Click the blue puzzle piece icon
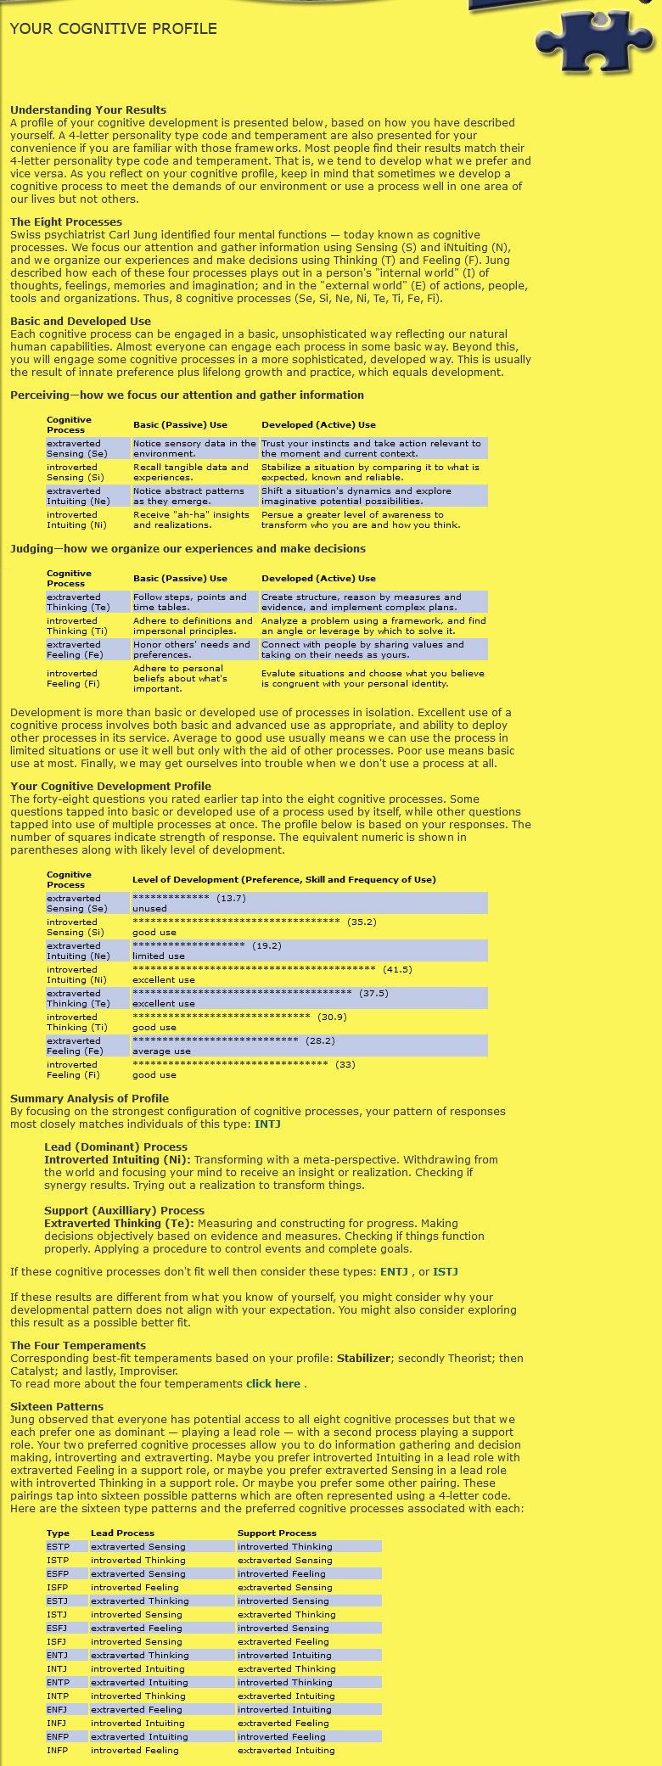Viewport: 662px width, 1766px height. point(593,42)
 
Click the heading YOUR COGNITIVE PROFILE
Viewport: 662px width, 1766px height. point(114,29)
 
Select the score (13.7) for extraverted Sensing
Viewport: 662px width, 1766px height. point(231,898)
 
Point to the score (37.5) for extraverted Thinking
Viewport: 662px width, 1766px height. point(373,993)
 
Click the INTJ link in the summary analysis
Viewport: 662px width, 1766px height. point(267,1124)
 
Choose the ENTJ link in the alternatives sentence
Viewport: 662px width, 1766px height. point(394,1271)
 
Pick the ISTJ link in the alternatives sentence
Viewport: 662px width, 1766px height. point(446,1271)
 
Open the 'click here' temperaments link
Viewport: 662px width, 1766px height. point(273,1383)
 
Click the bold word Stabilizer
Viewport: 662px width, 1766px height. point(363,1358)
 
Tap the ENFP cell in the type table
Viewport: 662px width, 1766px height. point(58,1736)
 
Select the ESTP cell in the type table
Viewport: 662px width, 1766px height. point(58,1546)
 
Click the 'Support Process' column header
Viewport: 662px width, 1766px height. point(277,1533)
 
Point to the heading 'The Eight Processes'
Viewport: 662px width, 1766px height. point(66,222)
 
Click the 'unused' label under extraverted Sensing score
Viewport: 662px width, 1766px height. point(149,908)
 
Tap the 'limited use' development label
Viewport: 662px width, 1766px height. point(158,956)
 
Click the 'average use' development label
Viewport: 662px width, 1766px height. point(161,1051)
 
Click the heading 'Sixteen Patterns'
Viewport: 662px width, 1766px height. point(57,1406)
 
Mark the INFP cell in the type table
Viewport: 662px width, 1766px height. point(58,1750)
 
